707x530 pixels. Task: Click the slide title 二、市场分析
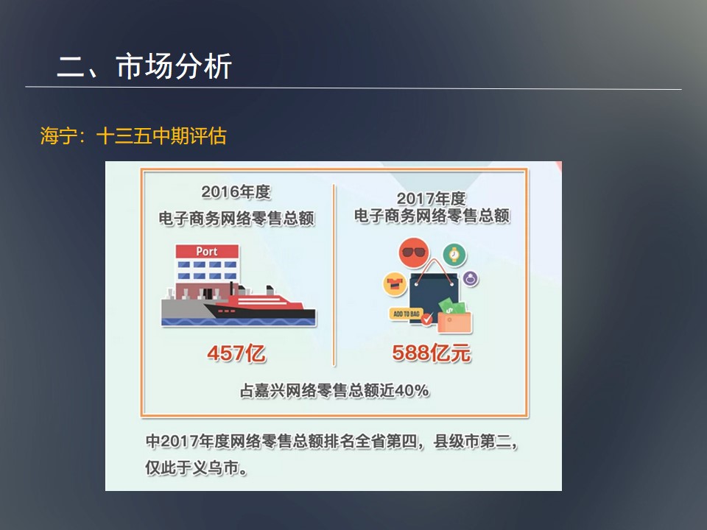[x=144, y=67]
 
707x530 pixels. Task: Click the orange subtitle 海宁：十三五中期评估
[x=133, y=135]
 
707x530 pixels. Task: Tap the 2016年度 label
[x=236, y=192]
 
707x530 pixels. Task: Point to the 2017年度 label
[x=431, y=198]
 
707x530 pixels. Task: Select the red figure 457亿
[x=236, y=353]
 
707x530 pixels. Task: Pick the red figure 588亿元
[x=432, y=353]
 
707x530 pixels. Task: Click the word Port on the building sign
[x=207, y=252]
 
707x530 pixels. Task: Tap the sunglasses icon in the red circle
[x=413, y=252]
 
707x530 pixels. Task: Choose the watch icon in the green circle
[x=454, y=255]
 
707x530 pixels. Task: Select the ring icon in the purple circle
[x=471, y=279]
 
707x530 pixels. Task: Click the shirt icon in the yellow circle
[x=395, y=284]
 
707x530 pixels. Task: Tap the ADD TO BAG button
[x=406, y=314]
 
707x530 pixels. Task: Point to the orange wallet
[x=454, y=322]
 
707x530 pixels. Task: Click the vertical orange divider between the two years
[x=334, y=275]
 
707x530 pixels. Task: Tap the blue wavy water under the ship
[x=239, y=322]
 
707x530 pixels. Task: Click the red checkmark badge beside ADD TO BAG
[x=426, y=319]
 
